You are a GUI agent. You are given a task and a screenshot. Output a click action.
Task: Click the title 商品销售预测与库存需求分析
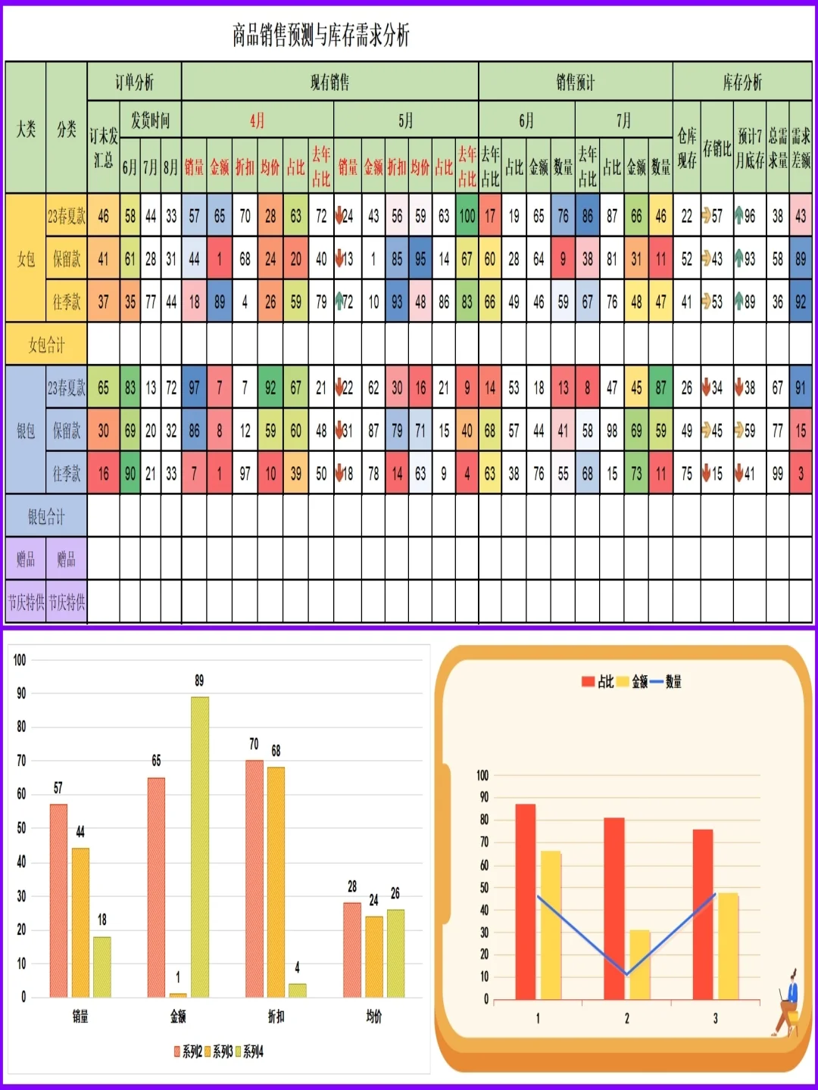point(320,35)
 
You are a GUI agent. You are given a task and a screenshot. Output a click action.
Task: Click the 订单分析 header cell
point(134,82)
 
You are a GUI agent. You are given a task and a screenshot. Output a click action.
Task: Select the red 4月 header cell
point(258,120)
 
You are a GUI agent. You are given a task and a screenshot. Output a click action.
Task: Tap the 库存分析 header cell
point(742,82)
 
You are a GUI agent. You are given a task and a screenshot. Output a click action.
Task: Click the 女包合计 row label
point(46,345)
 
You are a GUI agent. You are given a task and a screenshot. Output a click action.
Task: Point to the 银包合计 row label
point(46,517)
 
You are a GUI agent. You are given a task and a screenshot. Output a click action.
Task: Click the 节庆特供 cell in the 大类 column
point(26,603)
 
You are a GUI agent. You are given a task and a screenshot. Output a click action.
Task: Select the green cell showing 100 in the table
point(467,216)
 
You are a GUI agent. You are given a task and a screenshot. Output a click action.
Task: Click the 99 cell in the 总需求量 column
point(777,474)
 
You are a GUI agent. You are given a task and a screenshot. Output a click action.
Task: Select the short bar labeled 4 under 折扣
point(297,990)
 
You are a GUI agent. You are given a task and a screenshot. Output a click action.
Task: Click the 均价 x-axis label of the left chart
point(373,1017)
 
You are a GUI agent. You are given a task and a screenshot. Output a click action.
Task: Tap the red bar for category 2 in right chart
point(614,908)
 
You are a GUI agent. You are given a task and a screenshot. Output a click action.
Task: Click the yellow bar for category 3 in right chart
point(728,946)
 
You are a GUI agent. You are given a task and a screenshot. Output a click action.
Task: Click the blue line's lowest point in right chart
point(627,974)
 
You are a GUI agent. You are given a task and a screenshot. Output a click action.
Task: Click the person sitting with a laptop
point(788,1003)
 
